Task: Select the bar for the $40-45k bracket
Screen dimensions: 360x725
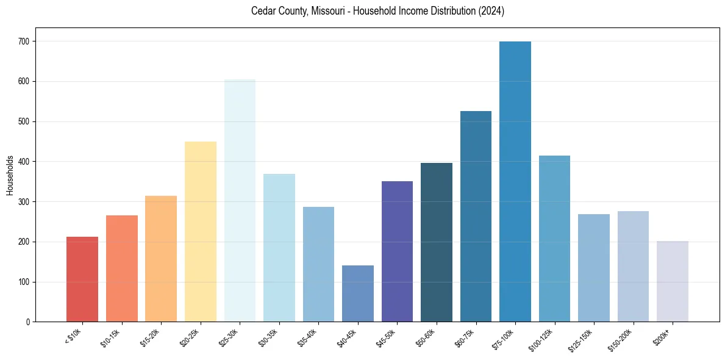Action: (x=357, y=293)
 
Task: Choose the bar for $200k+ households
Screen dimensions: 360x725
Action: (x=672, y=281)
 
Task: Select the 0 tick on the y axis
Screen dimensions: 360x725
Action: (x=29, y=322)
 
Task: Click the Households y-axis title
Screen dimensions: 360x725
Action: (x=10, y=175)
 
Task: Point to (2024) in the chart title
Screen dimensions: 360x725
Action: (x=492, y=12)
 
